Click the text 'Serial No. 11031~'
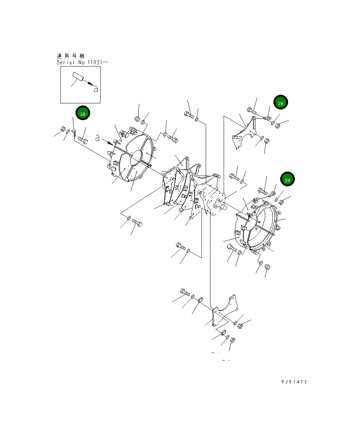pyautogui.click(x=82, y=62)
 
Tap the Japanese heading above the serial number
pyautogui.click(x=70, y=56)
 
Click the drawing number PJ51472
pyautogui.click(x=294, y=382)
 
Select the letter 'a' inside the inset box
pyautogui.click(x=96, y=89)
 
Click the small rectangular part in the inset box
pyautogui.click(x=77, y=77)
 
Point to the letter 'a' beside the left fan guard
pyautogui.click(x=97, y=138)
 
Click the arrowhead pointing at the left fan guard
pyautogui.click(x=110, y=143)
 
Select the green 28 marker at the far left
pyautogui.click(x=83, y=114)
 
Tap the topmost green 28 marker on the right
pyautogui.click(x=281, y=103)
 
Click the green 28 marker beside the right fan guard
pyautogui.click(x=287, y=180)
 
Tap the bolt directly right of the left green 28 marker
pyautogui.click(x=83, y=139)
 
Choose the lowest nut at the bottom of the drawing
pyautogui.click(x=232, y=340)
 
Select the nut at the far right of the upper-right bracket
pyautogui.click(x=278, y=124)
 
